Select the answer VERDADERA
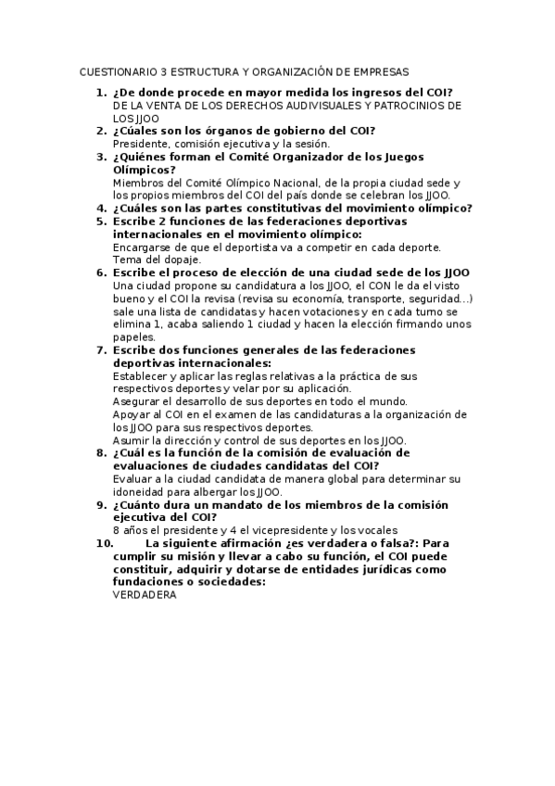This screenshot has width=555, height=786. (144, 595)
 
